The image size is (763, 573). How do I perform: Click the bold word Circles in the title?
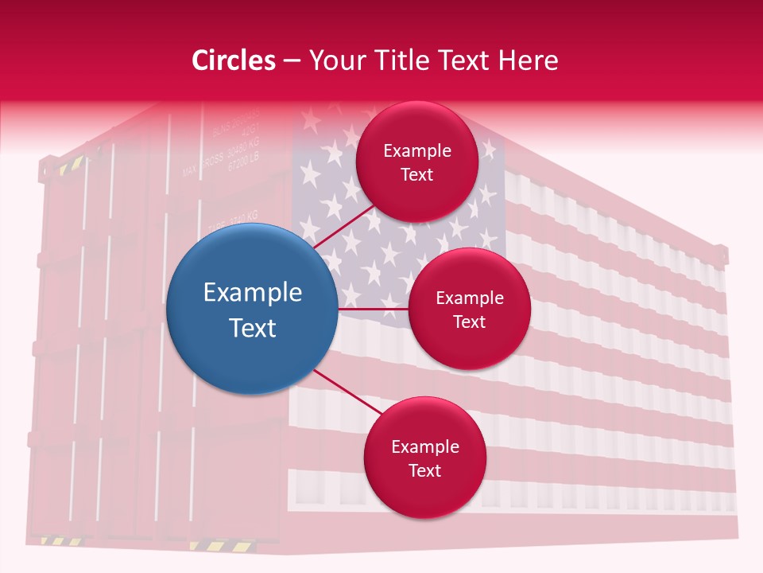[234, 60]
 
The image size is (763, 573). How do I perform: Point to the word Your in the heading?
[338, 60]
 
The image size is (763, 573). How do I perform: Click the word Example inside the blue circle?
[253, 293]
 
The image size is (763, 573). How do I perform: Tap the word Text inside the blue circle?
[253, 328]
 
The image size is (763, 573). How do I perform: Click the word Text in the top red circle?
[416, 175]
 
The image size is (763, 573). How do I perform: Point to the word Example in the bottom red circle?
[424, 447]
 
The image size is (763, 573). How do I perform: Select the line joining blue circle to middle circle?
[374, 309]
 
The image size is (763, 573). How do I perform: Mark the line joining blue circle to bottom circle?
[348, 392]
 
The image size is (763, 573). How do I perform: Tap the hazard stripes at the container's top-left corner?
[71, 166]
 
